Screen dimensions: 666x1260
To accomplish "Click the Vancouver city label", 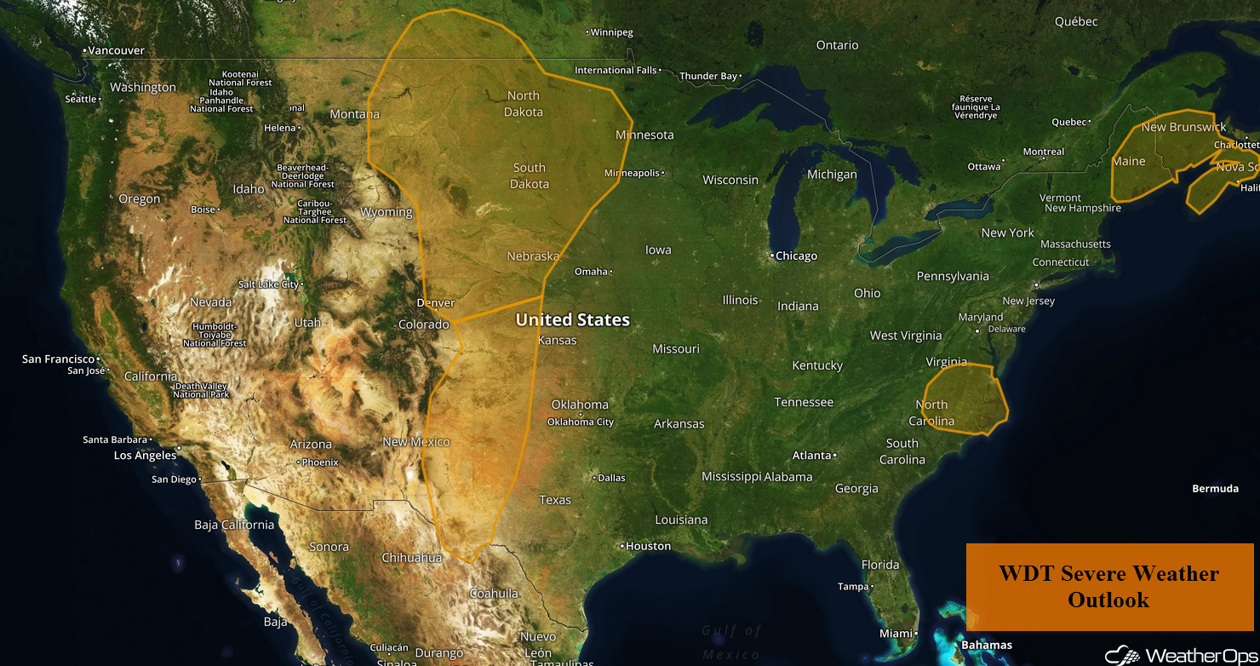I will click(x=116, y=51).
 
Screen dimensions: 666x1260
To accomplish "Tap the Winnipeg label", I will click(x=612, y=32).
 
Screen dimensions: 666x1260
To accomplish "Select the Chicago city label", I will click(x=796, y=255).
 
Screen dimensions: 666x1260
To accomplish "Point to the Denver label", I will click(x=435, y=303).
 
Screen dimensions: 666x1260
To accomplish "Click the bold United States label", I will click(x=572, y=320).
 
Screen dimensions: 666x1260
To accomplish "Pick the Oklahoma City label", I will click(x=580, y=422).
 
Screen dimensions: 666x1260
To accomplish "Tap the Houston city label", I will click(x=648, y=546).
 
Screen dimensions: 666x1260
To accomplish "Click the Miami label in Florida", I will click(x=896, y=634).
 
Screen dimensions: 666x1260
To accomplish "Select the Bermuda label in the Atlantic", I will click(x=1215, y=489).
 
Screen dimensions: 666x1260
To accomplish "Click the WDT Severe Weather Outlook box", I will click(x=1108, y=587).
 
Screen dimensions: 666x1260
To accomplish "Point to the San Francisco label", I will click(x=58, y=359).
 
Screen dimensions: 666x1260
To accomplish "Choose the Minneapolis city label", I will click(x=632, y=173).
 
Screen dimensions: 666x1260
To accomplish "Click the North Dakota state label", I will click(x=524, y=104).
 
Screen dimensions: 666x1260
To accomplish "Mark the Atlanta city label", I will click(x=811, y=456).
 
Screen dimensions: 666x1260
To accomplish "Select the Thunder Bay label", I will click(x=708, y=77).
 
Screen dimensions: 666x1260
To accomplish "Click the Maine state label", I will click(x=1129, y=161).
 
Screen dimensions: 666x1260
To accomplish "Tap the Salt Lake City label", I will click(x=268, y=284).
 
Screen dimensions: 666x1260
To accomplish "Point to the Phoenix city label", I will click(x=319, y=462).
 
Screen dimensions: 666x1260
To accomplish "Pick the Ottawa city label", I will click(x=983, y=167).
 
